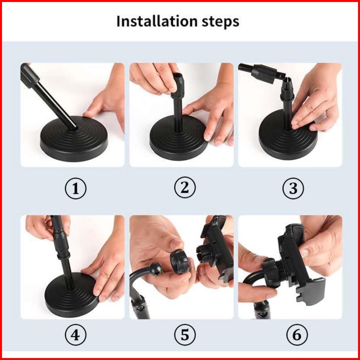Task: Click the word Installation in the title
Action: [x=157, y=21]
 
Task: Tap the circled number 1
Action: [x=76, y=189]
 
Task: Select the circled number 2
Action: [x=185, y=188]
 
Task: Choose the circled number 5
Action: [x=185, y=335]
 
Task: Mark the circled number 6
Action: [x=297, y=335]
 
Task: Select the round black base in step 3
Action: [x=288, y=135]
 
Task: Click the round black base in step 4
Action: [x=72, y=295]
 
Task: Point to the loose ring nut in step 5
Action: [x=180, y=262]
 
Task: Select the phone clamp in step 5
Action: [x=215, y=248]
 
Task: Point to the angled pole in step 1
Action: [x=49, y=97]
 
